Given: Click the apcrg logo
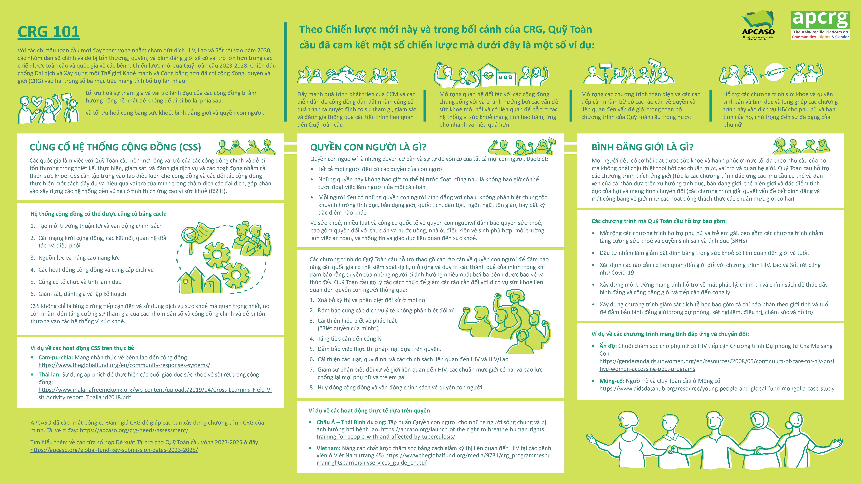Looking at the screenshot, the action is tap(820, 25).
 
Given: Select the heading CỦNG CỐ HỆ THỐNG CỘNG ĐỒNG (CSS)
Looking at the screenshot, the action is tap(115, 147).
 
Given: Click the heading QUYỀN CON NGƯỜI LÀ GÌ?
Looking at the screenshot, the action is tap(368, 147).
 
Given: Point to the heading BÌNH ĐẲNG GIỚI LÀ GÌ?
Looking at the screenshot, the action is tap(642, 147).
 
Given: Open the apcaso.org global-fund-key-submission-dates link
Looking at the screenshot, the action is tap(114, 450).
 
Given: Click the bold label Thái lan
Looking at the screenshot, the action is tap(50, 374).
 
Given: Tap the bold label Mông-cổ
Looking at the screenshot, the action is tap(612, 381).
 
